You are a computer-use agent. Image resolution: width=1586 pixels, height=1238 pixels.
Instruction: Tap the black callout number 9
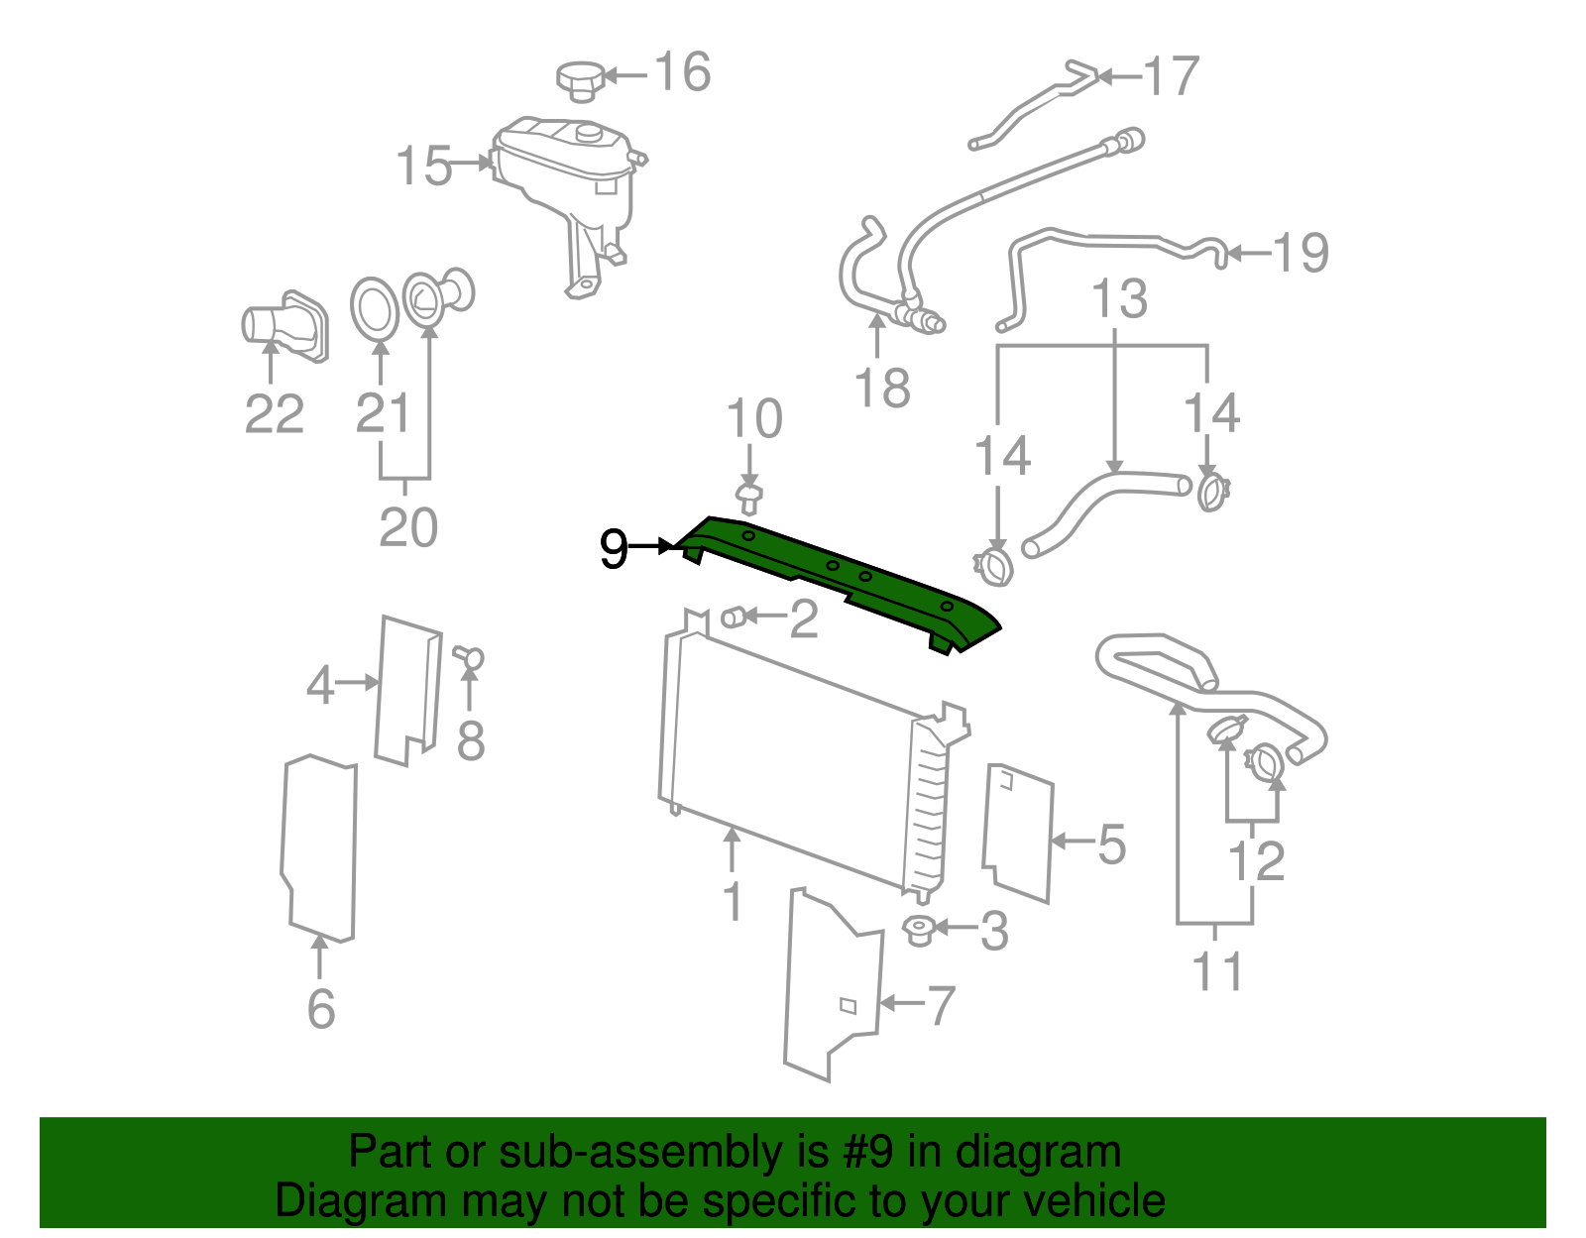click(x=614, y=548)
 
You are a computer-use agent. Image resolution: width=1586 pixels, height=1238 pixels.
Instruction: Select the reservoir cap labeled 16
click(x=580, y=79)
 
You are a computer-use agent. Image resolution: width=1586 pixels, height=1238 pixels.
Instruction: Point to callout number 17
click(x=1171, y=76)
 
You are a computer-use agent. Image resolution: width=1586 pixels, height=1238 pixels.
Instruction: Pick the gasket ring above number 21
click(x=375, y=308)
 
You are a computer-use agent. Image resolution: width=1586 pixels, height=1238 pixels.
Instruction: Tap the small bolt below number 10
click(x=749, y=497)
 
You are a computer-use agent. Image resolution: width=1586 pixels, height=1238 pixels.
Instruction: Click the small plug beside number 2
click(x=734, y=618)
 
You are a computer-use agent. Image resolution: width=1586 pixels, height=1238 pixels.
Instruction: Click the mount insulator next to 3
click(x=920, y=930)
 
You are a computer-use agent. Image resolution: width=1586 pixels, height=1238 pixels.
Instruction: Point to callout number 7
click(x=941, y=1005)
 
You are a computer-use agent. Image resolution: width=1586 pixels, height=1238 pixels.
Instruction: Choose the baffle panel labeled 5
click(x=1018, y=833)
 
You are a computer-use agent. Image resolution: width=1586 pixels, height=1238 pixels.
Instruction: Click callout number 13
click(x=1119, y=298)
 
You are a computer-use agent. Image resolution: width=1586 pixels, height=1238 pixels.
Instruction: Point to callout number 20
click(x=407, y=527)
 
